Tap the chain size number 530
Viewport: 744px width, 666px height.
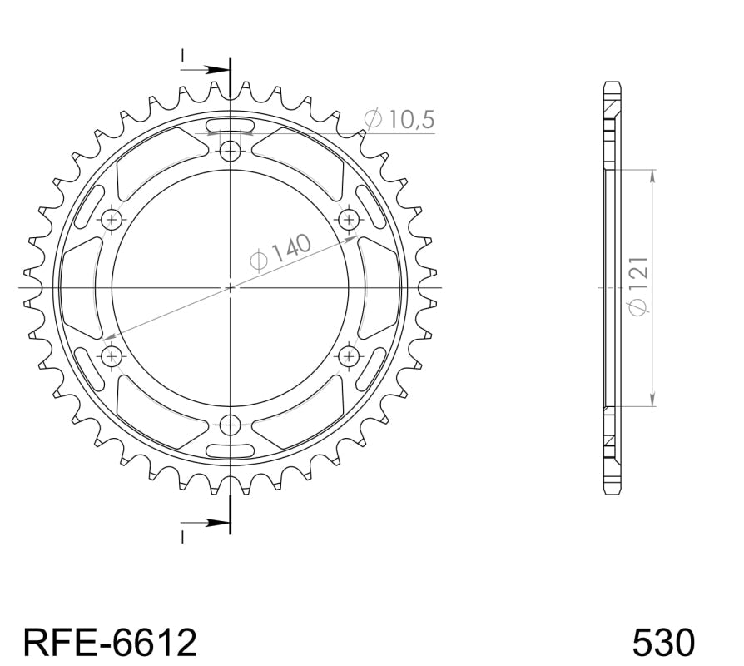[x=663, y=642]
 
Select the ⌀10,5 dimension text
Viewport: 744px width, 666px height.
[x=399, y=120]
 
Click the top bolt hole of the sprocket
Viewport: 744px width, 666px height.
[x=231, y=151]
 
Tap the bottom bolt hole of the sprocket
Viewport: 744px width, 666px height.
[x=231, y=425]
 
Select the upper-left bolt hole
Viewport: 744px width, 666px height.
[x=112, y=219]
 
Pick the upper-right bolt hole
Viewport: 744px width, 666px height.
[x=349, y=219]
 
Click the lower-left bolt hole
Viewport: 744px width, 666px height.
[x=112, y=356]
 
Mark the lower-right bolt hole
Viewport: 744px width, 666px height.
[x=349, y=356]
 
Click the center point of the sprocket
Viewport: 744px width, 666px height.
[x=231, y=287]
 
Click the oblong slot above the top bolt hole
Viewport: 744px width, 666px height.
[x=230, y=126]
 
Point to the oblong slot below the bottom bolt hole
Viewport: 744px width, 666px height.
[x=230, y=450]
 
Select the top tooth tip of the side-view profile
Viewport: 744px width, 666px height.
[x=611, y=85]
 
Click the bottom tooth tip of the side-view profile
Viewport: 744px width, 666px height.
[x=611, y=490]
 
